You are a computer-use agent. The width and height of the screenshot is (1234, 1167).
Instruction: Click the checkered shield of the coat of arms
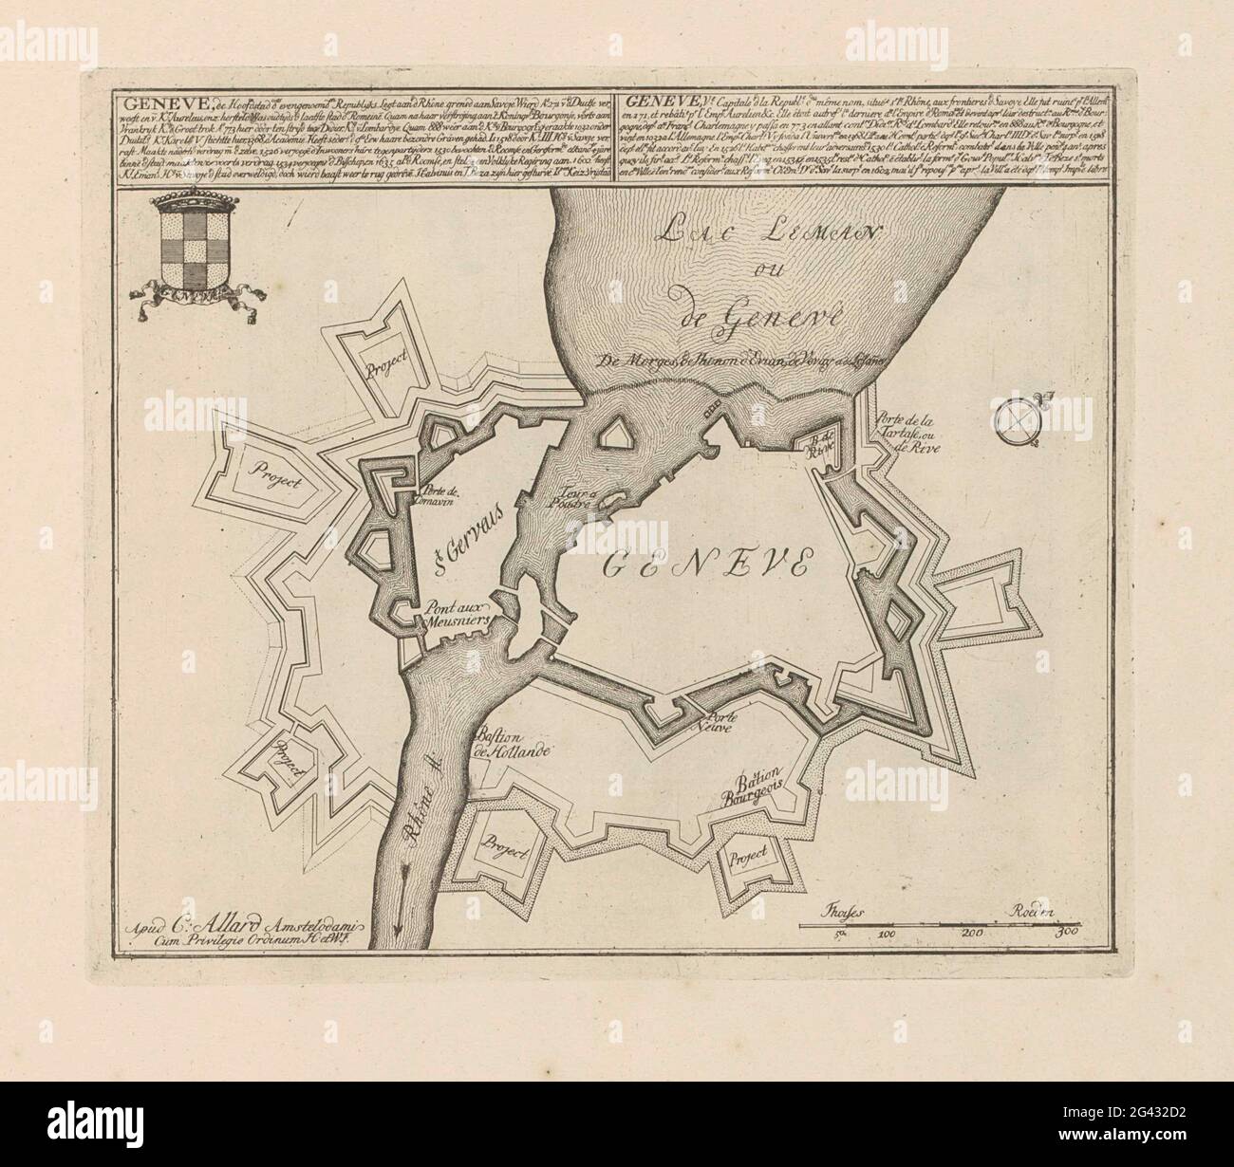pyautogui.click(x=184, y=251)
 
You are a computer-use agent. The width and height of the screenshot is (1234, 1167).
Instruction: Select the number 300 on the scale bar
pyautogui.click(x=1070, y=935)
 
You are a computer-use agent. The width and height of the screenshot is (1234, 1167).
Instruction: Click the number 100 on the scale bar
pyautogui.click(x=889, y=935)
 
